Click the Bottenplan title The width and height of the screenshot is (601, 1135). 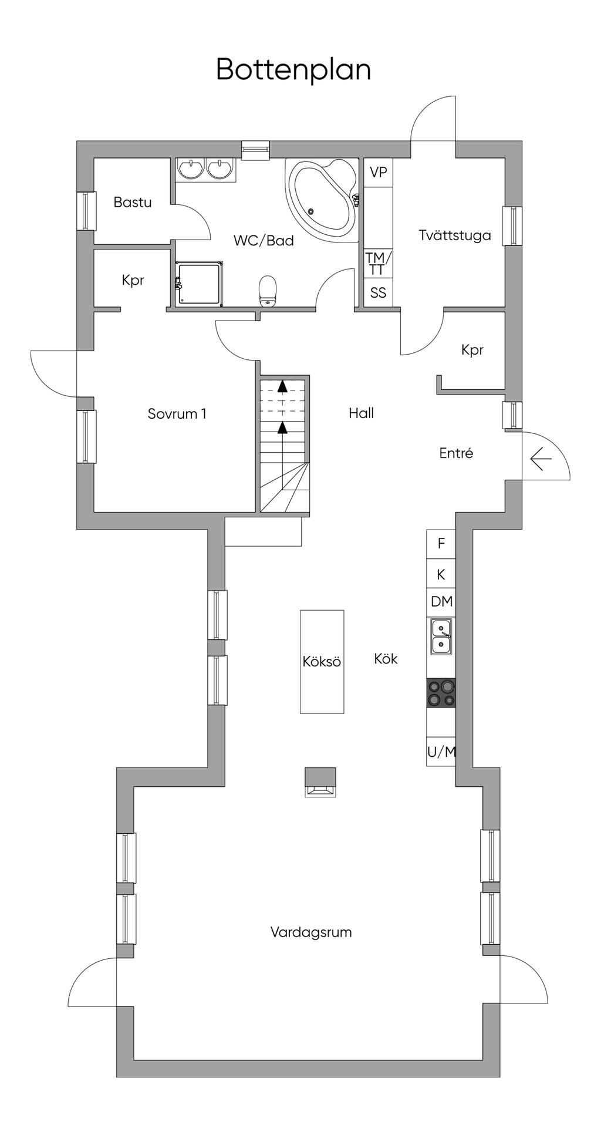tap(293, 70)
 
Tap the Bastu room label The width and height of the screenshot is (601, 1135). tap(133, 203)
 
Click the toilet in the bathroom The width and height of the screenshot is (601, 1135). tap(268, 291)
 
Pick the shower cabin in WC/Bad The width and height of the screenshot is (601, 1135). tap(200, 284)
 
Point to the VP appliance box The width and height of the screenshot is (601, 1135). tap(379, 173)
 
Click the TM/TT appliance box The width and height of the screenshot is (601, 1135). tap(378, 263)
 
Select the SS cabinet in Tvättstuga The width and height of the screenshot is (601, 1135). tap(378, 292)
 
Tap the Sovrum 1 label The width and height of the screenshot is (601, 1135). tap(177, 414)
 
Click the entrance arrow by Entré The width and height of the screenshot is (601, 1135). tap(541, 459)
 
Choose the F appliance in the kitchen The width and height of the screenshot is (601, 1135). tap(441, 544)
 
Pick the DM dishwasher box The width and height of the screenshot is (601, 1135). tap(441, 601)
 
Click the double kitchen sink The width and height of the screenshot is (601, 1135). tap(441, 636)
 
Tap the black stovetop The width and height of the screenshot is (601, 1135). tap(441, 692)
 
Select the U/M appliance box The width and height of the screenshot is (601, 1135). tap(441, 752)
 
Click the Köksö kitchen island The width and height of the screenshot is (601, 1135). tap(322, 662)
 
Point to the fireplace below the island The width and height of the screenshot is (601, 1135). tap(320, 782)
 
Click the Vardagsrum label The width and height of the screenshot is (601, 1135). tap(311, 932)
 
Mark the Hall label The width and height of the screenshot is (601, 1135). tap(361, 413)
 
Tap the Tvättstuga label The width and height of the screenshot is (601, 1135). tap(455, 235)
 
